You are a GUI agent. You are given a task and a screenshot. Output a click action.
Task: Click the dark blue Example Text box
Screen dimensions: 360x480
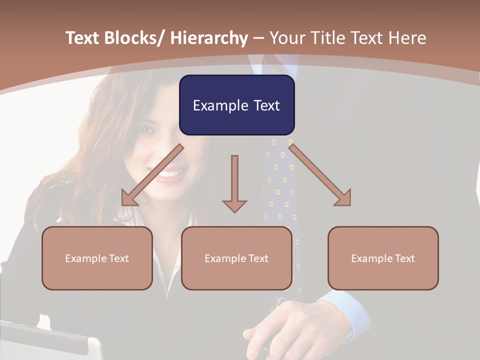pyautogui.click(x=236, y=105)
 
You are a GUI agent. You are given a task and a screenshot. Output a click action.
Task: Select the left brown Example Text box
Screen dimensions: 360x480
pyautogui.click(x=97, y=258)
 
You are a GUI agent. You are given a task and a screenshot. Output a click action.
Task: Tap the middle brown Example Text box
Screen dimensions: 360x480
pyautogui.click(x=236, y=258)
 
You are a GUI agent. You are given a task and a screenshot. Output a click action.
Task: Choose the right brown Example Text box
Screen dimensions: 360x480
pyautogui.click(x=383, y=258)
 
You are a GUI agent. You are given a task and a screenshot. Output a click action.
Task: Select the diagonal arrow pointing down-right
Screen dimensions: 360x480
pyautogui.click(x=320, y=175)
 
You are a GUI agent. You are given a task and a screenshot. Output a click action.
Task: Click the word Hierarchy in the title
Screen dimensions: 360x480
pyautogui.click(x=209, y=38)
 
